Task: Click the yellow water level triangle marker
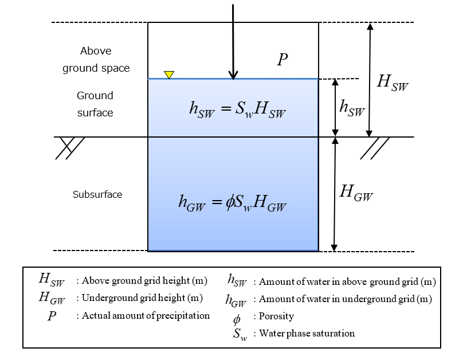(x=169, y=75)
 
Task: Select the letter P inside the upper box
(x=282, y=60)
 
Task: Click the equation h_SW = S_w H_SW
(x=237, y=109)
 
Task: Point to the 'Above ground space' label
(x=96, y=60)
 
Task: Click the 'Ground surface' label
(x=95, y=104)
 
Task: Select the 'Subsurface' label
(x=97, y=194)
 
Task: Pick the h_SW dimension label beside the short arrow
(x=352, y=107)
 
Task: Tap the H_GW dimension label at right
(x=356, y=193)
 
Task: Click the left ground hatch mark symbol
(x=70, y=147)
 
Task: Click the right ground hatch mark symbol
(x=375, y=147)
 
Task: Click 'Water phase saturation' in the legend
(x=307, y=333)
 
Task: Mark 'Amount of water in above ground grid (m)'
(x=348, y=281)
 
